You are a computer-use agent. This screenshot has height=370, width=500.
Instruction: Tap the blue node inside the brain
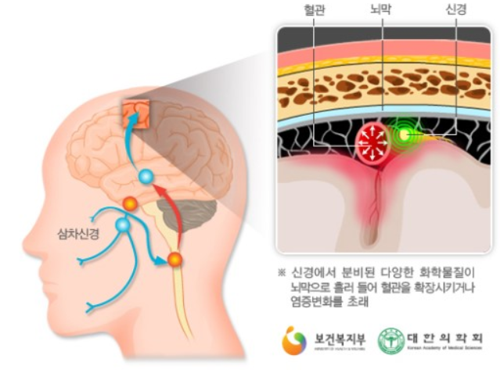[146, 178]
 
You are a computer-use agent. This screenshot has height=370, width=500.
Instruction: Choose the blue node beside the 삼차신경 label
[122, 226]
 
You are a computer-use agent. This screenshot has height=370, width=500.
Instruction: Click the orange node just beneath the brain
[129, 204]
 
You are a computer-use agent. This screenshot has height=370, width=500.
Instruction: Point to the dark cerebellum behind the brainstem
[188, 213]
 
